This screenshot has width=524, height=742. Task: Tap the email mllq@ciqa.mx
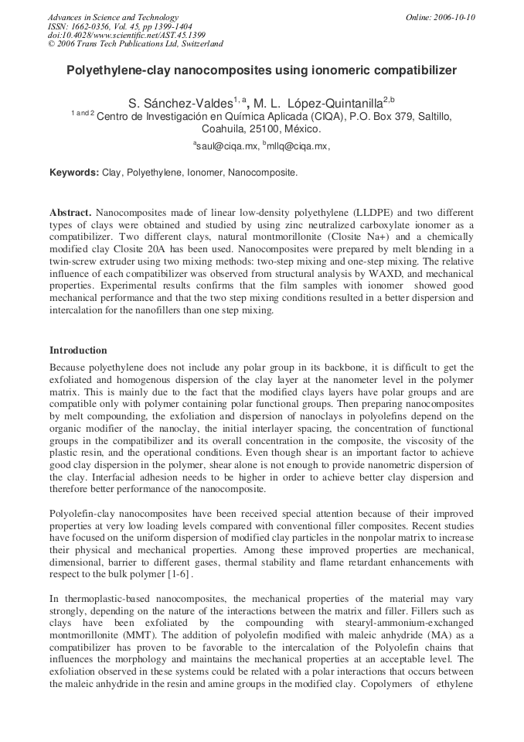coord(298,145)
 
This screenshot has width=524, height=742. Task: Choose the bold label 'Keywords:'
coord(74,173)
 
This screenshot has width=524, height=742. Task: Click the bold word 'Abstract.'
coord(71,212)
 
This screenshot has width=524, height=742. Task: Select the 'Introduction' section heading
coord(78,350)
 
